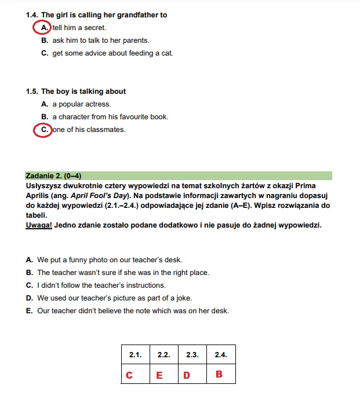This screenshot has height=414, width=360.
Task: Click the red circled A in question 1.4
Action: tap(43, 27)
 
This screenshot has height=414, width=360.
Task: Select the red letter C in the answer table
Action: tap(129, 375)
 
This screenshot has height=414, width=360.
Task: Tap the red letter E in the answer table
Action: tap(159, 375)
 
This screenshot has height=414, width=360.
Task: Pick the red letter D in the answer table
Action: tap(187, 375)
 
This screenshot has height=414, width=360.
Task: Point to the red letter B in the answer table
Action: tap(219, 375)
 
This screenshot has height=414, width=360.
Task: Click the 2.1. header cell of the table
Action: tap(135, 354)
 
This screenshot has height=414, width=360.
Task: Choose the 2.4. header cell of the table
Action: tap(221, 354)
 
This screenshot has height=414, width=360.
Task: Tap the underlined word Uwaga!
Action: tap(39, 225)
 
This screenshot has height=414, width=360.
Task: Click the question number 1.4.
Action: tap(32, 15)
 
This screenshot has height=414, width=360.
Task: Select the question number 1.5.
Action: tap(32, 91)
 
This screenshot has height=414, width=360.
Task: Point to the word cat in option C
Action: tap(166, 53)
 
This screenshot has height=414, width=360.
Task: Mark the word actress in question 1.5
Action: tap(97, 104)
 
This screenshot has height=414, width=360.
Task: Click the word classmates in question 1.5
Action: tap(105, 130)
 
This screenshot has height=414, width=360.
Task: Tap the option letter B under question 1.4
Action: tap(44, 41)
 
